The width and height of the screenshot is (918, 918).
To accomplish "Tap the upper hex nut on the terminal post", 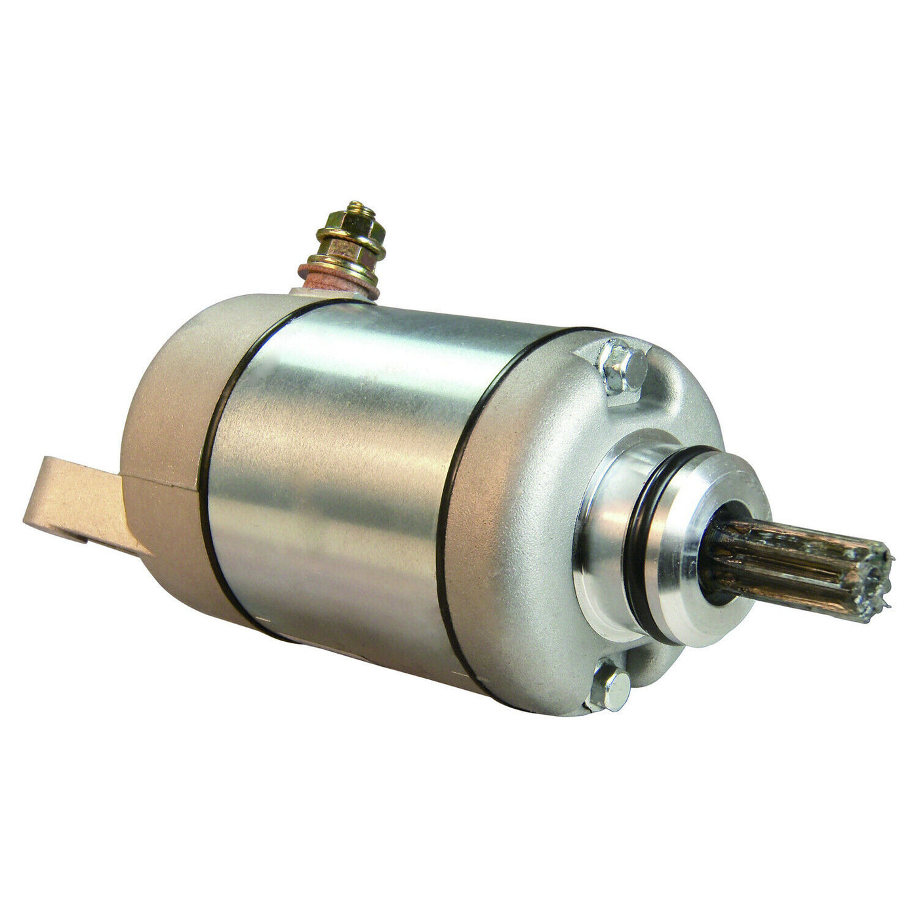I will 347,230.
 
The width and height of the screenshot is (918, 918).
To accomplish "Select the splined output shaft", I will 800,561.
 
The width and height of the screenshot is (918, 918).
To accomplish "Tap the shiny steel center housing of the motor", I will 341,472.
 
